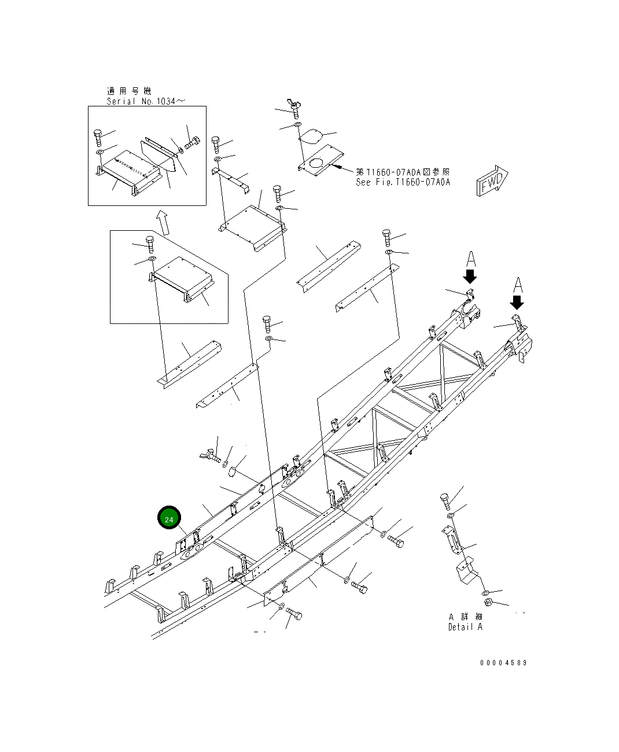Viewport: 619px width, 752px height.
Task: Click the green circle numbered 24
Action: point(169,519)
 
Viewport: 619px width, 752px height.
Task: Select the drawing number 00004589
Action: point(503,663)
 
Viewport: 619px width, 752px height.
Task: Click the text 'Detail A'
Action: point(465,627)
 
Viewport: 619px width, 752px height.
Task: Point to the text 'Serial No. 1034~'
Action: point(146,101)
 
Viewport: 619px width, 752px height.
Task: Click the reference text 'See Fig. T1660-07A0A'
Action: point(403,182)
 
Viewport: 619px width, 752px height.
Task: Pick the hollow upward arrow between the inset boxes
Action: point(164,223)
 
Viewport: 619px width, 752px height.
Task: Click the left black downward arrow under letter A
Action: point(470,276)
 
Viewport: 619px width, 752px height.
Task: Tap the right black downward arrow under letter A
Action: point(517,303)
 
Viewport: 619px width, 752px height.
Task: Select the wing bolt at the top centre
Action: point(296,108)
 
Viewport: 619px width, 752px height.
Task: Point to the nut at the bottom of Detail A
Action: point(488,603)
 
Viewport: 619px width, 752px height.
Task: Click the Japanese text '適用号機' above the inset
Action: point(128,91)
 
